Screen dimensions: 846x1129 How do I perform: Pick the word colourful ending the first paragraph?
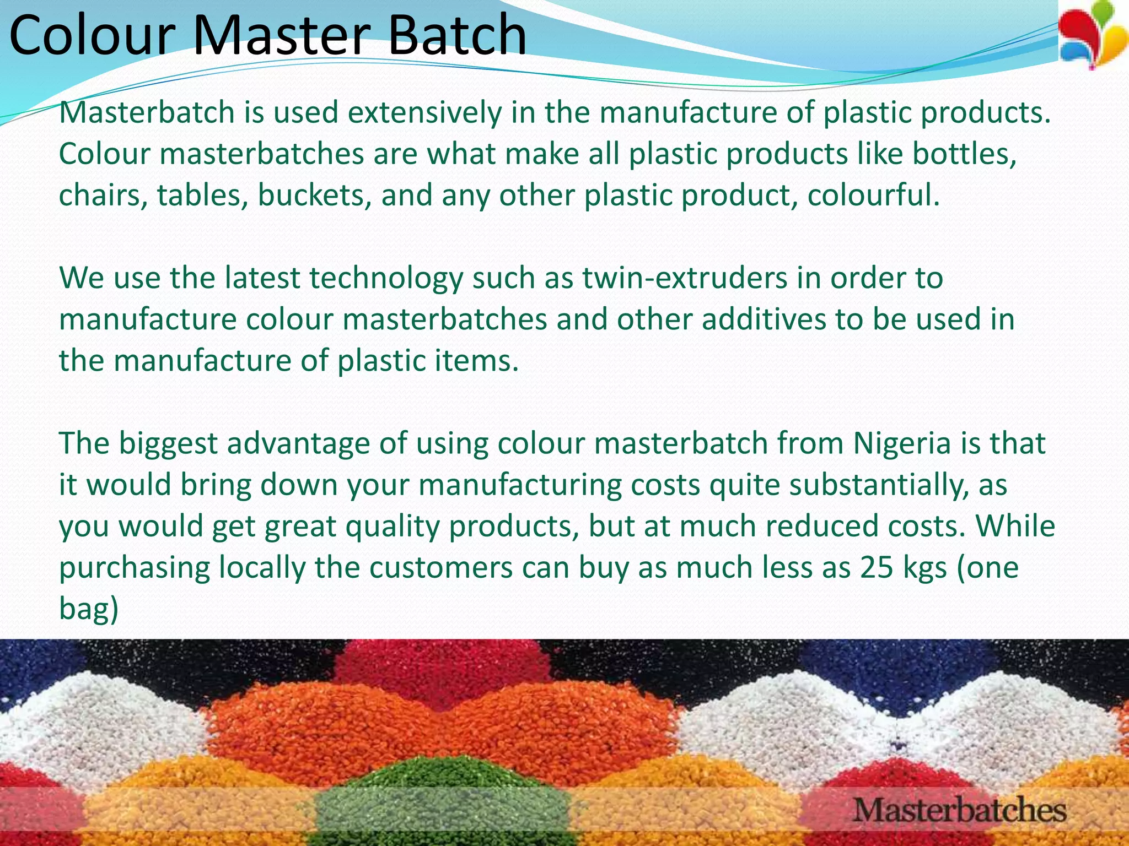point(873,196)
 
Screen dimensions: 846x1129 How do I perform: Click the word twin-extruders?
point(685,278)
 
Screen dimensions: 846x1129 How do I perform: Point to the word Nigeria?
point(902,444)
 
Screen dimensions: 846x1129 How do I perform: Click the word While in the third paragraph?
point(1015,527)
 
